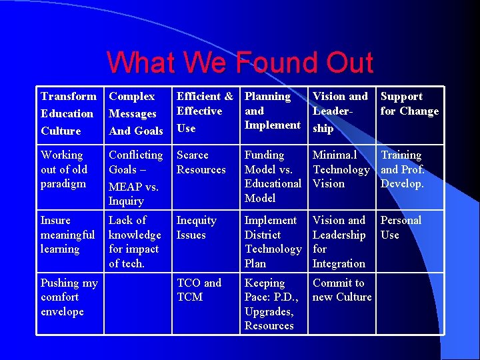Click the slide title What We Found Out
[240, 63]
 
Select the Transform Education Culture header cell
[68, 113]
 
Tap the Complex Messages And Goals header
[136, 113]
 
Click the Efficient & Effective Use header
[204, 111]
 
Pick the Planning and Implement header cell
[272, 111]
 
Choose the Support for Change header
[409, 104]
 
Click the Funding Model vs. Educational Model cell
[273, 176]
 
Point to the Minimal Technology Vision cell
[341, 169]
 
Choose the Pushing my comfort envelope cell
[69, 297]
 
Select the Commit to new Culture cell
[341, 290]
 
